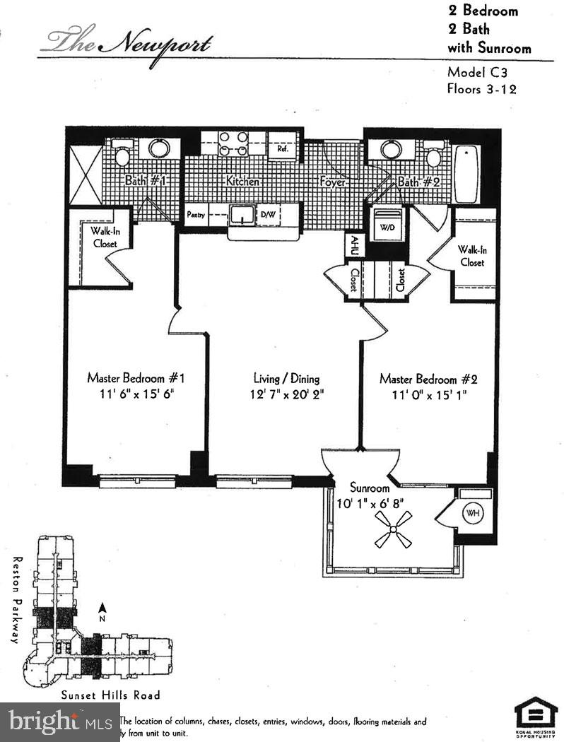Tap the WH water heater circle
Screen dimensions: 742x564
[x=471, y=512]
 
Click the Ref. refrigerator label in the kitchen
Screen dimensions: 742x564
[x=282, y=148]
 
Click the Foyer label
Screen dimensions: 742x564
[x=332, y=182]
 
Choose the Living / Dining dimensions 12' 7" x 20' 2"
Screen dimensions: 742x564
[x=286, y=394]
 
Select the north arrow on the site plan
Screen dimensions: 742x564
[x=102, y=608]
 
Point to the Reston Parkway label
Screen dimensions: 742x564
[x=13, y=599]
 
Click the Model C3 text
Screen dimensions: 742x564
[x=478, y=72]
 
